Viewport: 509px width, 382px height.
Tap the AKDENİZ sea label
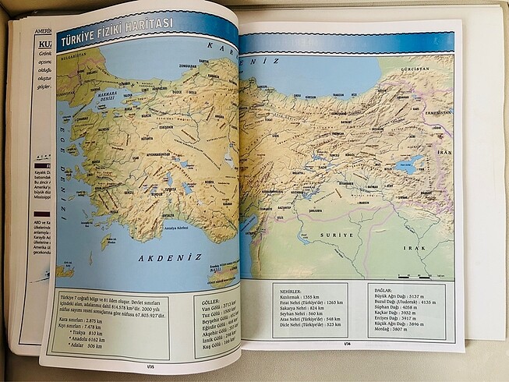point(171,256)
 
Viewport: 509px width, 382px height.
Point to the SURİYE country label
point(339,234)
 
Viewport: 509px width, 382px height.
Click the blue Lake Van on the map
point(410,164)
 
